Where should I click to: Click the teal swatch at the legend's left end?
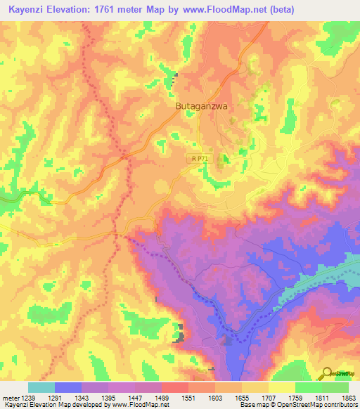click(x=41, y=387)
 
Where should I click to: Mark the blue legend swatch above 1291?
click(x=68, y=387)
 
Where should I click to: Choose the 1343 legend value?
click(x=88, y=397)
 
